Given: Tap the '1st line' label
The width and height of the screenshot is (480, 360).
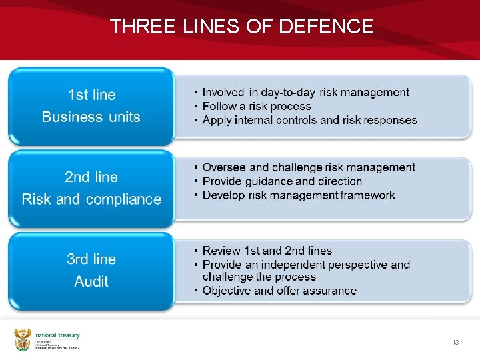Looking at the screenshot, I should (91, 95).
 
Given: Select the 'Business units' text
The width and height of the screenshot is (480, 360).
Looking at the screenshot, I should (91, 117).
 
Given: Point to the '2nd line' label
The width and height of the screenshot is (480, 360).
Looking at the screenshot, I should (91, 177).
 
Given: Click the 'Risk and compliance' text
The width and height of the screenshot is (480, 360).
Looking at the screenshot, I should (91, 199).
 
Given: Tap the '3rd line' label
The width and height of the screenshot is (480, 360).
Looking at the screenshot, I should (91, 259).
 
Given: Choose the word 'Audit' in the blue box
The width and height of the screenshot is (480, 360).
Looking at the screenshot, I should (91, 281).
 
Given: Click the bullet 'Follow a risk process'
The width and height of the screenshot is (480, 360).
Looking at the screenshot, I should (257, 106).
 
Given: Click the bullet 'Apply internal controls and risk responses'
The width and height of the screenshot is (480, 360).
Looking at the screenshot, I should (309, 120).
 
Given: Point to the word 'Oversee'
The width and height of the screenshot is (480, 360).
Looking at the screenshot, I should (224, 167).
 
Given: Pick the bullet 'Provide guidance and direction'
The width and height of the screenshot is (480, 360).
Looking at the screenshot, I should (282, 181).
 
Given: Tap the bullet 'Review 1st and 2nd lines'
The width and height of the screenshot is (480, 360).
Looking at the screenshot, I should (267, 251).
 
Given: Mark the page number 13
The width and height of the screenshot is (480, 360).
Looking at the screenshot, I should (456, 343).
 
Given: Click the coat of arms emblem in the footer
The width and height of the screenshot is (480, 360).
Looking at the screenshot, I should (23, 340).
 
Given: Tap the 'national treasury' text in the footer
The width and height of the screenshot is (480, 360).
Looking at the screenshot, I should (57, 335).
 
